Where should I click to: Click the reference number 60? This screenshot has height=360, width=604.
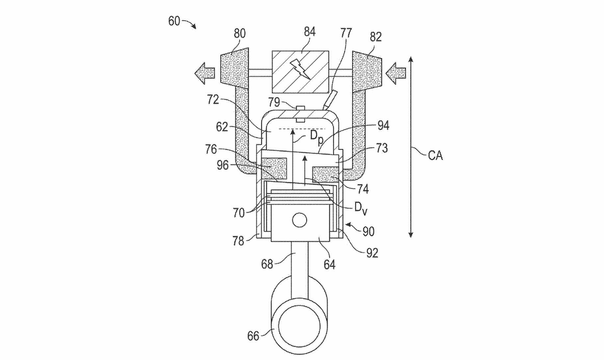(174, 21)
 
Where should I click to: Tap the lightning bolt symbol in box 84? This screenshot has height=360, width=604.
(300, 69)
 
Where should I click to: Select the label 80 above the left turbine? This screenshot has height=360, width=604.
(240, 34)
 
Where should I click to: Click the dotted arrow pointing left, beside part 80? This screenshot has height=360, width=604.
(205, 73)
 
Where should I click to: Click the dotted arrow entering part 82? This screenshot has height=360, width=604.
(396, 73)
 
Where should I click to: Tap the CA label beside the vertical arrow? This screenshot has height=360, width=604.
(436, 156)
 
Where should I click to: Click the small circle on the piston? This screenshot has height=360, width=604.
(299, 220)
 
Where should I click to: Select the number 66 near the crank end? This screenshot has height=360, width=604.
(253, 336)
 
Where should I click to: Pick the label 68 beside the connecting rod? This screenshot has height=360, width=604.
(267, 264)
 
